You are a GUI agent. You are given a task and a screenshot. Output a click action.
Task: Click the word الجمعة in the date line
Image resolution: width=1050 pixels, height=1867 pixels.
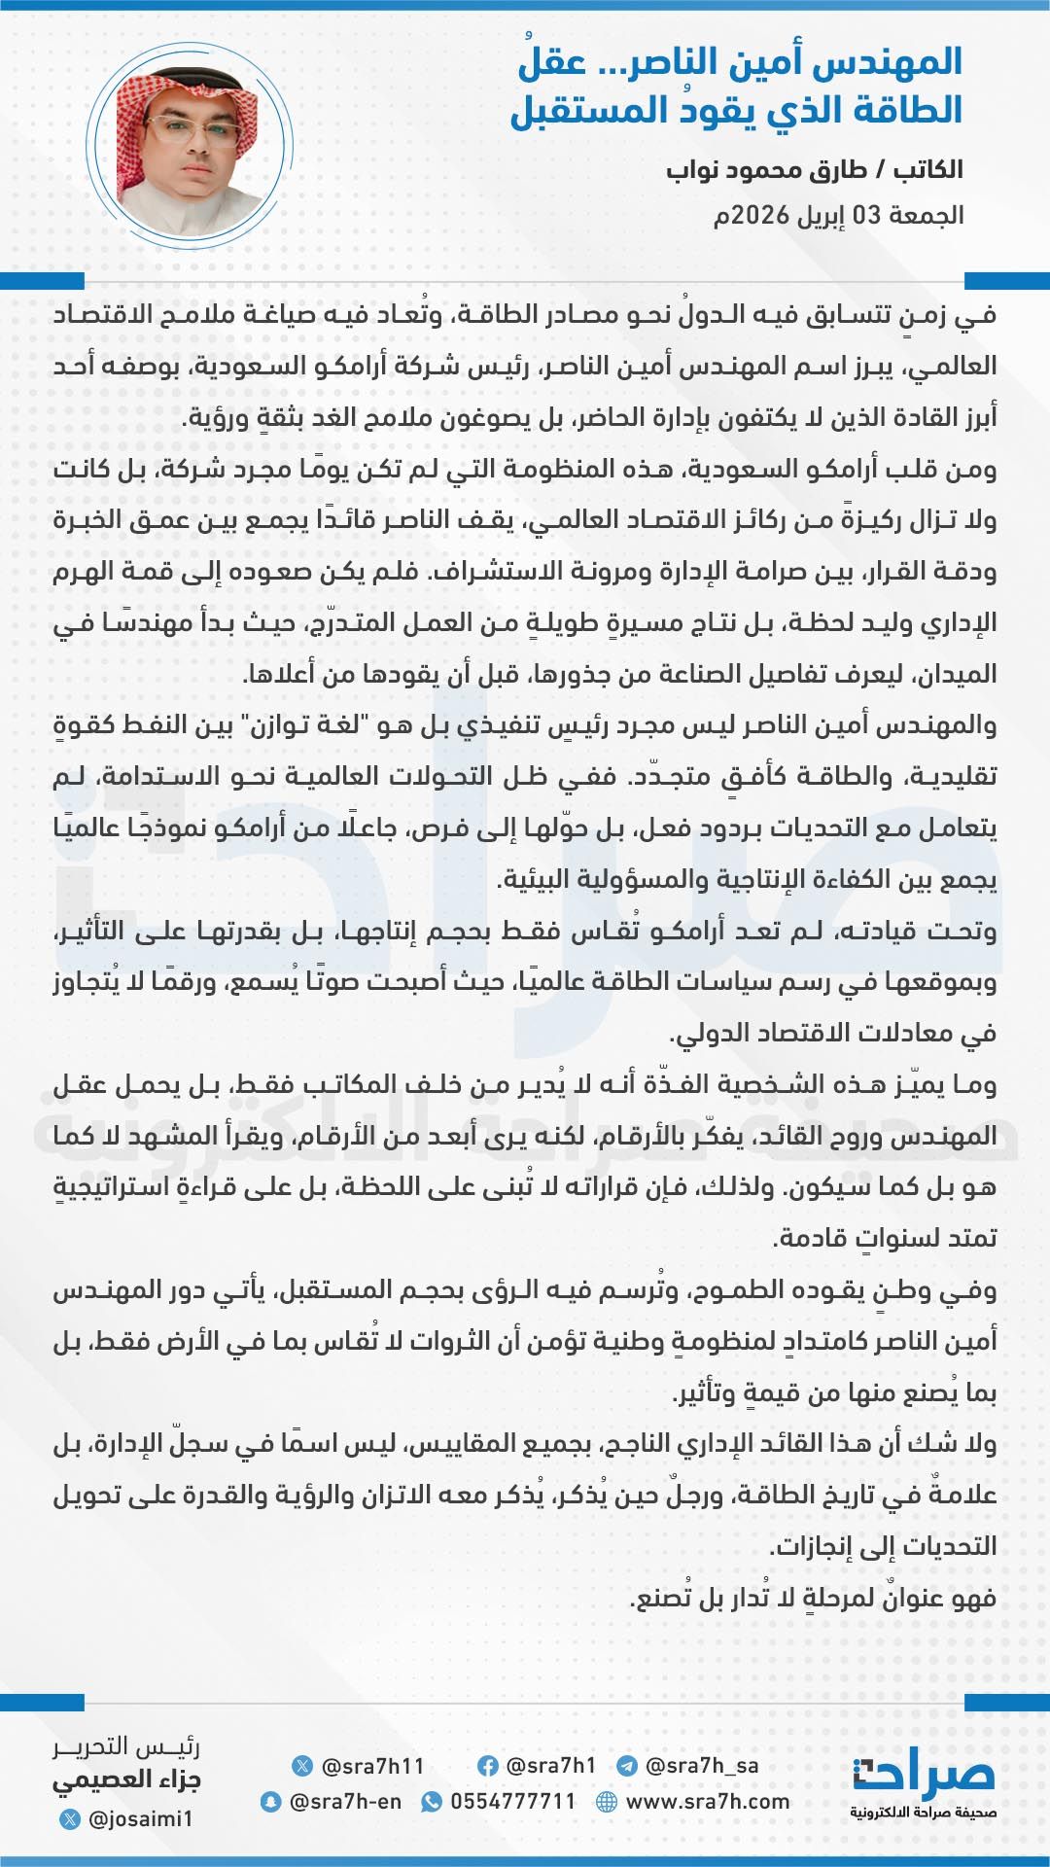click(927, 215)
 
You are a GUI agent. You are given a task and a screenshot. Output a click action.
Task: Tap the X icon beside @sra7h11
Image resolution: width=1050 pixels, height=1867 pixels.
click(302, 1766)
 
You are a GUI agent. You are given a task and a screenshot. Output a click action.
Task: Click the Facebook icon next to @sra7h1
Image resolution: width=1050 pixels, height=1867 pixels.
click(488, 1766)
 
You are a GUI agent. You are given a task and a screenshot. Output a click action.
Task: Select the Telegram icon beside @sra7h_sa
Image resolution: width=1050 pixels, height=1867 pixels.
click(627, 1766)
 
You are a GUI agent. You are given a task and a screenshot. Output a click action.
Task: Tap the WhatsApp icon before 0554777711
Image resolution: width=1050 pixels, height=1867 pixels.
click(431, 1802)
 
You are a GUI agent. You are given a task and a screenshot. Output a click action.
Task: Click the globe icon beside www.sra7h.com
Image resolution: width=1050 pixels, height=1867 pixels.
click(607, 1802)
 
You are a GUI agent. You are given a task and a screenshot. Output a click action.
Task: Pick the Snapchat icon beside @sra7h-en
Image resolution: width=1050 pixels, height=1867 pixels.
click(270, 1802)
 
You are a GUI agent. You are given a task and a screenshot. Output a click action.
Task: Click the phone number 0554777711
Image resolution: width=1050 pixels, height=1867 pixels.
click(512, 1802)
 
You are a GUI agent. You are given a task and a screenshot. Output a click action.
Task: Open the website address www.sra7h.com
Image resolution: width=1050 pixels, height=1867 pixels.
click(707, 1802)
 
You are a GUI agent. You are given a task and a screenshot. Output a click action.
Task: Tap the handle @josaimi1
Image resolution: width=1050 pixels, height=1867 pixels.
click(140, 1818)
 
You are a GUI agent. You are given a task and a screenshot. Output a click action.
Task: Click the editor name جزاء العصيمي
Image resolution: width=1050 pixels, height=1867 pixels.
click(126, 1780)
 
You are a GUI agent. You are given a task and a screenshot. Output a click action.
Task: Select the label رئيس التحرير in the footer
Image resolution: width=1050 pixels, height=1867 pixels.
click(126, 1747)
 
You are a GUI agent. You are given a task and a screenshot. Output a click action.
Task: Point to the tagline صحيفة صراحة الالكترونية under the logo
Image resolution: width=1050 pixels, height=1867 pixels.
click(922, 1813)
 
